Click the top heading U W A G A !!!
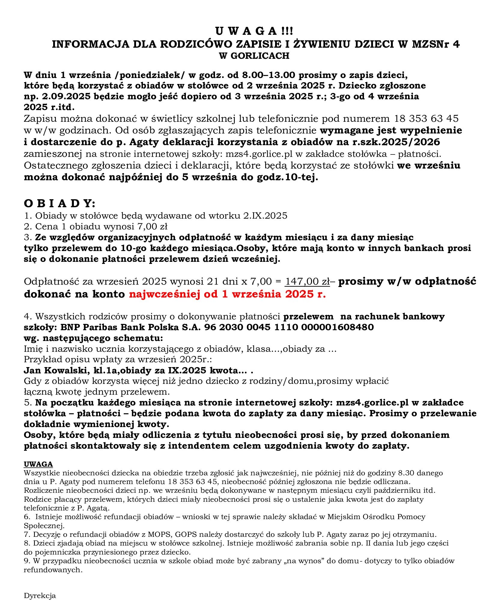254,31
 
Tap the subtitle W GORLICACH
254,56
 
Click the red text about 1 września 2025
227,294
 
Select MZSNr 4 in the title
435,44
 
